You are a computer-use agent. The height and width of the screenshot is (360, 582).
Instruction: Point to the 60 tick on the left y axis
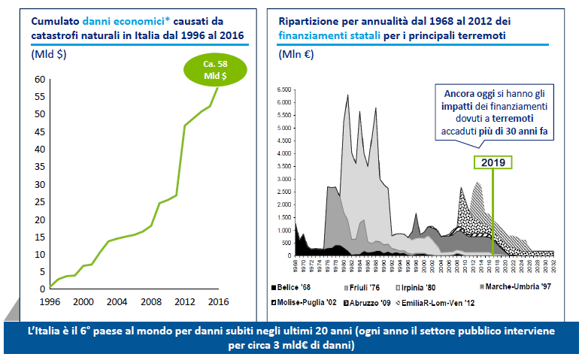click(x=38, y=79)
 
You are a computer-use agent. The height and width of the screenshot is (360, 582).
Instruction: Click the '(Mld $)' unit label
click(x=49, y=55)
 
